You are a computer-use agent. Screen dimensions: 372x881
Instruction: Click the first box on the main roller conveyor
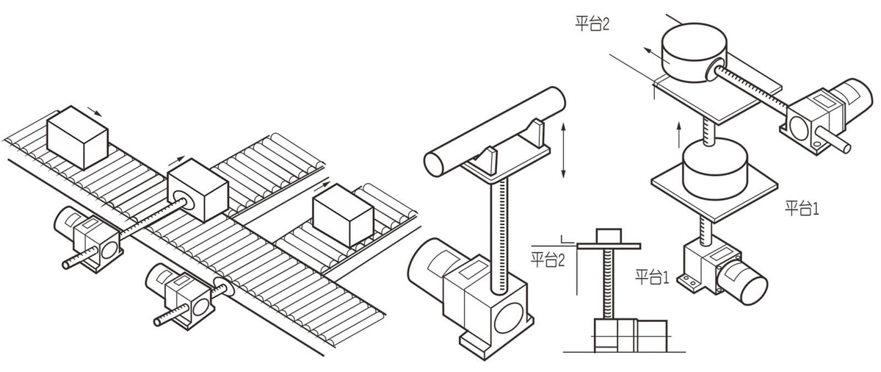point(76,136)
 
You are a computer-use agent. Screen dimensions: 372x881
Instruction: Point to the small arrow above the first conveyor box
point(94,111)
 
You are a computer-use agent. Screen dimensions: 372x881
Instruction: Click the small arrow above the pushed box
point(175,159)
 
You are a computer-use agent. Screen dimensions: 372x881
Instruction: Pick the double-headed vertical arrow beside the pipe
point(563,151)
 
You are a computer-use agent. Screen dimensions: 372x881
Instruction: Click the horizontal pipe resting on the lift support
point(496,131)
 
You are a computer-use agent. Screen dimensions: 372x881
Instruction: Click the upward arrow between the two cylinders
point(679,135)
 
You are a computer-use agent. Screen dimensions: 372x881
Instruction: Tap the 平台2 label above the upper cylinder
point(592,24)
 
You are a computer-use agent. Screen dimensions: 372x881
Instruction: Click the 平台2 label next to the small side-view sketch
point(547,260)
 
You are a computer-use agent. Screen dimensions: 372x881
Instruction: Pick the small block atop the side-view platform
point(607,235)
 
